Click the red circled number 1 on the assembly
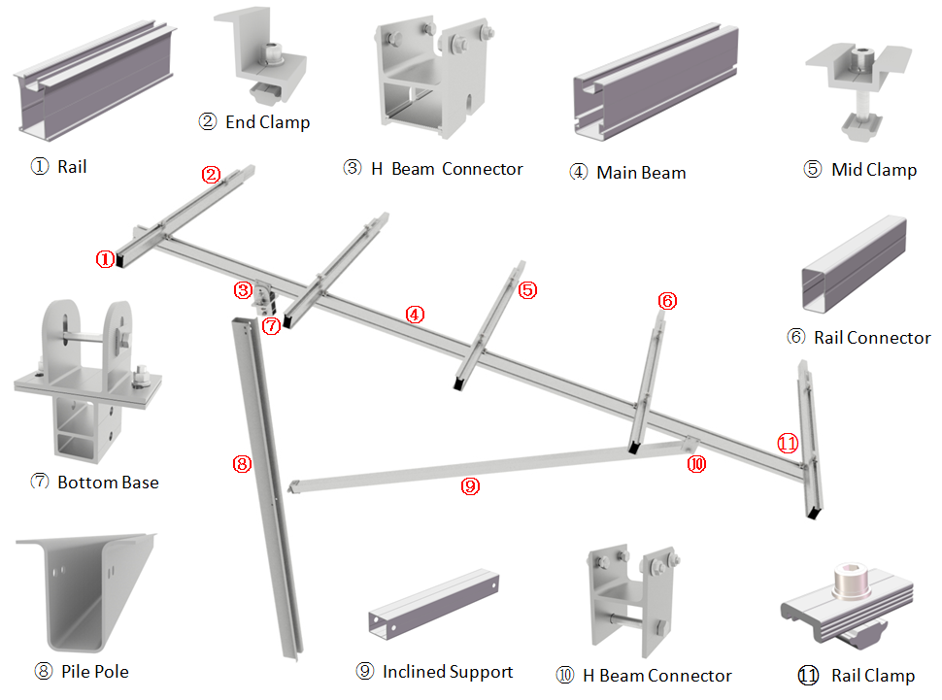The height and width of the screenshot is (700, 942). click(105, 259)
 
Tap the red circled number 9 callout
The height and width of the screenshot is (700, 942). click(470, 487)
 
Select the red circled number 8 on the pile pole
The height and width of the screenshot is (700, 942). click(242, 464)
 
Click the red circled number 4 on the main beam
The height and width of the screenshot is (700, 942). click(415, 315)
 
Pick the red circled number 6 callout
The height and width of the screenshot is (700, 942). click(667, 301)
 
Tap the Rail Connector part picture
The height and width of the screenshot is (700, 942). click(855, 264)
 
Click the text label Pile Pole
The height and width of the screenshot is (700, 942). click(95, 671)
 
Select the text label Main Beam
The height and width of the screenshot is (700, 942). click(641, 173)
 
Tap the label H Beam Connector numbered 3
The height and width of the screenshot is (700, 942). click(448, 169)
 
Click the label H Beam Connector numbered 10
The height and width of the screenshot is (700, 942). click(657, 676)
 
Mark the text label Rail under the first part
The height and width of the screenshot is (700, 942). click(72, 167)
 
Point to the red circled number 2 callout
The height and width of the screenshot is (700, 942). click(212, 176)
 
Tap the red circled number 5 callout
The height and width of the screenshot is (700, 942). click(528, 289)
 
